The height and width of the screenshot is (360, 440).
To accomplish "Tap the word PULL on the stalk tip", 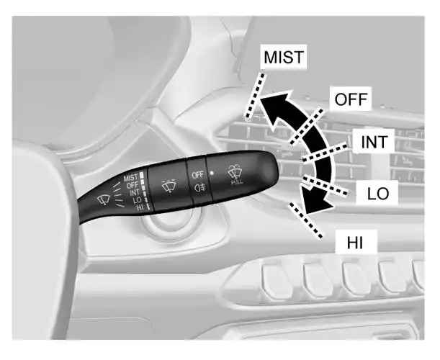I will [x=236, y=183].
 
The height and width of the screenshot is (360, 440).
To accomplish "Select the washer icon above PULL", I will [x=235, y=171].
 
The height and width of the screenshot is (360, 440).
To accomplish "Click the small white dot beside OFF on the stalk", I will [x=211, y=174].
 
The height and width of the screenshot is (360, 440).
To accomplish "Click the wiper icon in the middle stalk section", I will [x=169, y=185].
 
